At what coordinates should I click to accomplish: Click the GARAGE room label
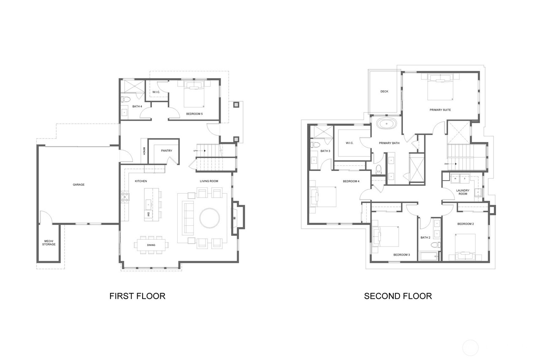[x=78, y=184]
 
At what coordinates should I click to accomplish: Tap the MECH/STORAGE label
[x=49, y=243]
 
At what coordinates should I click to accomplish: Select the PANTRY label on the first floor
[x=166, y=151]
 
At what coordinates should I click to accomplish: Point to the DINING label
[x=151, y=245]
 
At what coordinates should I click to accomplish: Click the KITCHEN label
[x=141, y=181]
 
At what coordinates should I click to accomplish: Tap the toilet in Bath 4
[x=125, y=100]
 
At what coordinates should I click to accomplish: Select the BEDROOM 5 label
[x=194, y=114]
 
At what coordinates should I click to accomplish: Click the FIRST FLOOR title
[x=137, y=296]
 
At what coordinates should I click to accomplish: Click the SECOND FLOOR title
[x=398, y=296]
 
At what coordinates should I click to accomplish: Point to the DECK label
[x=384, y=92]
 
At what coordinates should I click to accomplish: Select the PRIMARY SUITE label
[x=440, y=110]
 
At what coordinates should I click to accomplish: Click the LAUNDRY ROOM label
[x=463, y=192]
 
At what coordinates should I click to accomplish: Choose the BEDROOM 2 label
[x=465, y=224]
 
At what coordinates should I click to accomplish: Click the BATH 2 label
[x=425, y=237]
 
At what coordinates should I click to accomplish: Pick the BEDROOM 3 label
[x=402, y=254]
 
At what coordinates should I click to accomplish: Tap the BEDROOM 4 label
[x=351, y=181]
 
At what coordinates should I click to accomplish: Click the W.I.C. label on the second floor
[x=349, y=143]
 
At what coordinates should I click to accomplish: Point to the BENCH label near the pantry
[x=144, y=151]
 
